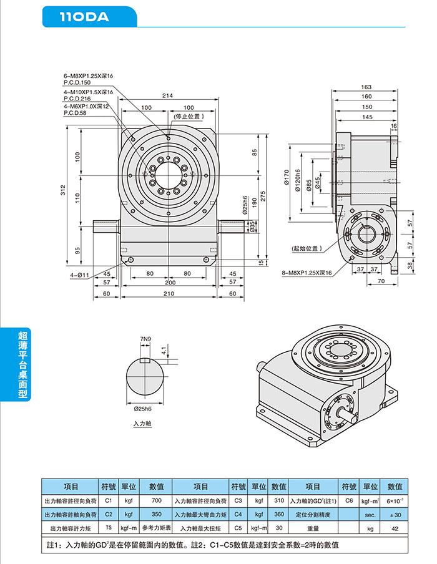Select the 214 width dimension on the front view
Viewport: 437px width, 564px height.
[x=168, y=95]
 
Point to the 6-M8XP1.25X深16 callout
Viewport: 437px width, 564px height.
[x=88, y=76]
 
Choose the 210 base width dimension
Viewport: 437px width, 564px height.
[x=168, y=293]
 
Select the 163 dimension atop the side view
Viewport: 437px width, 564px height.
[x=366, y=87]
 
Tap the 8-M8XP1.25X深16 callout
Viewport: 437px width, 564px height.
[x=307, y=273]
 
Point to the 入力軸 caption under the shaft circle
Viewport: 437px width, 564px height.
[x=143, y=423]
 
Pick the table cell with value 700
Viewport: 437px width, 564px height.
[x=156, y=500]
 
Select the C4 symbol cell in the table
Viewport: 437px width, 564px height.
[x=237, y=515]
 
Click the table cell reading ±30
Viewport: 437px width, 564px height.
[x=395, y=515]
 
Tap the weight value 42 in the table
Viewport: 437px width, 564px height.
[x=395, y=528]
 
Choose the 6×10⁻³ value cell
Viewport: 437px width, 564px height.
[x=395, y=500]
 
